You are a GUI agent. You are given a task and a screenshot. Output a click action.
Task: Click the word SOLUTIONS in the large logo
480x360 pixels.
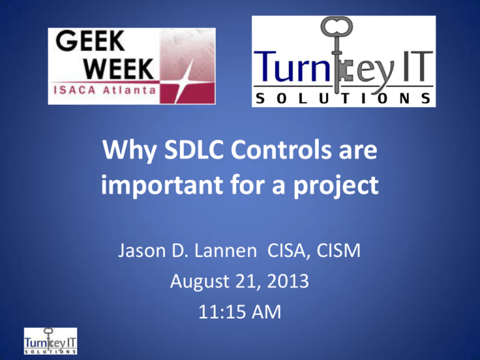tap(344, 97)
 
